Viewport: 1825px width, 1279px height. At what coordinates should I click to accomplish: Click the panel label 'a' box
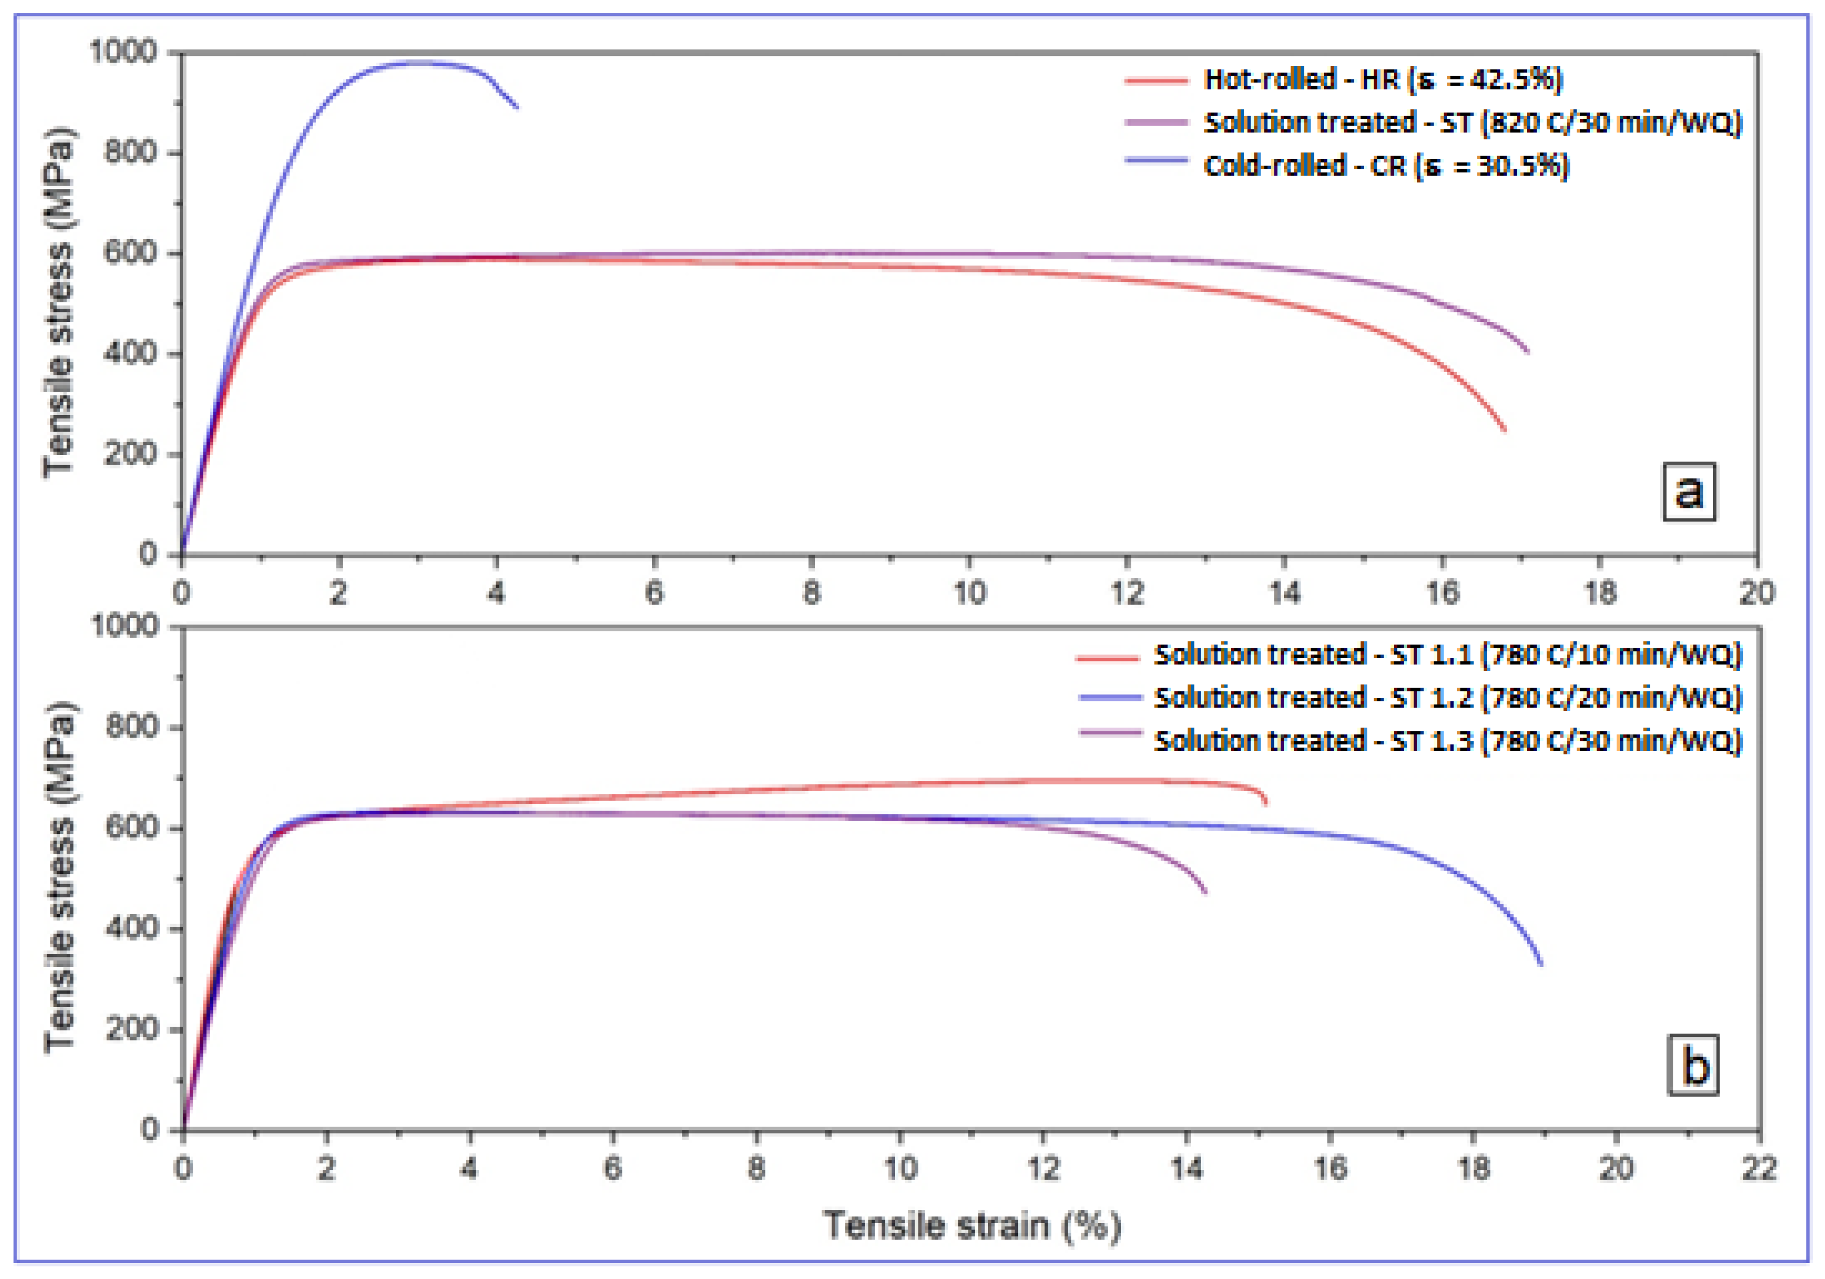1689,491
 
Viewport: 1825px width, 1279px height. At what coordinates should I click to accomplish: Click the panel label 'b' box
1692,1065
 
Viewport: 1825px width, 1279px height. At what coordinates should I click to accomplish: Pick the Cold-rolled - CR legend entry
1385,166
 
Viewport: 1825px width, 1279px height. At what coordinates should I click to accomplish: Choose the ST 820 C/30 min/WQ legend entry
1472,122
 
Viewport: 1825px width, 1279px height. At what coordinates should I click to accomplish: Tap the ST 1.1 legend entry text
1446,654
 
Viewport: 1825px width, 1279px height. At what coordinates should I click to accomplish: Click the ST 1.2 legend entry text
1446,697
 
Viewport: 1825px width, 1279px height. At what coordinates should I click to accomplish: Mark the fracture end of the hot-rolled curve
1505,430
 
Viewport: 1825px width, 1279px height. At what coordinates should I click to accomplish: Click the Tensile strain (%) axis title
971,1225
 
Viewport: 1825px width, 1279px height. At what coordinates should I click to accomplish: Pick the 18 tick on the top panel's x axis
1599,592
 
